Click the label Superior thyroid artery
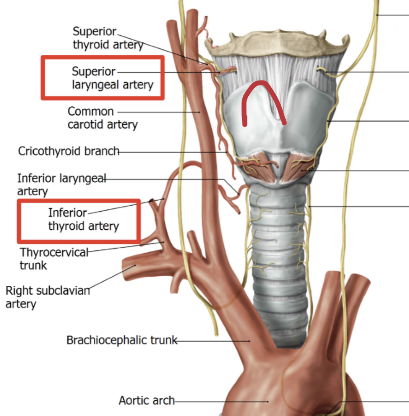(x=107, y=38)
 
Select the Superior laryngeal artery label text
(x=112, y=78)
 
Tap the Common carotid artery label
(x=102, y=118)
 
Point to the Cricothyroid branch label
(x=69, y=151)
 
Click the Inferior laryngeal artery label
(x=61, y=184)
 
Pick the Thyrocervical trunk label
(x=54, y=258)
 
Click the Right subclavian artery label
(x=47, y=297)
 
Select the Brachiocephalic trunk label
(x=121, y=340)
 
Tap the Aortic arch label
(x=146, y=400)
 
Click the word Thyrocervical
(x=54, y=252)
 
